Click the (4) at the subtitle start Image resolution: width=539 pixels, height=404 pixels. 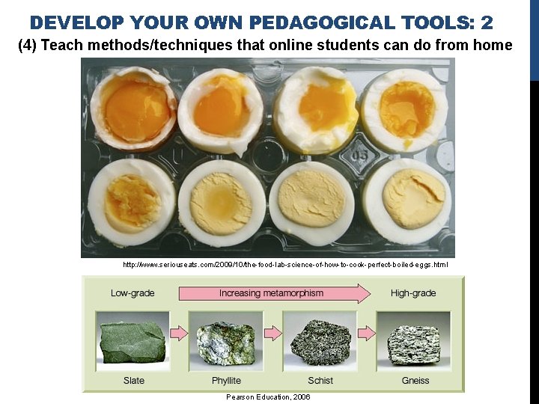(x=28, y=46)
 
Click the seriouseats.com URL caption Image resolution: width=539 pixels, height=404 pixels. (x=285, y=265)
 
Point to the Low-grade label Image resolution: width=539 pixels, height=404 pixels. (x=133, y=293)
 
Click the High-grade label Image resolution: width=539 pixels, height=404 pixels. (x=412, y=293)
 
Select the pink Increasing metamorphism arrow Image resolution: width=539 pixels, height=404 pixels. (x=274, y=293)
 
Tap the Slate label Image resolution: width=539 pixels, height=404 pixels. (x=134, y=380)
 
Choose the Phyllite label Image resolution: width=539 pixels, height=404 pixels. (x=226, y=380)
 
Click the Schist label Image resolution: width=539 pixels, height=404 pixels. (x=320, y=380)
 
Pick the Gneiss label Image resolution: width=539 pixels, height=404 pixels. (x=415, y=380)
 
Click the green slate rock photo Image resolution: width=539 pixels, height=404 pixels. (x=133, y=342)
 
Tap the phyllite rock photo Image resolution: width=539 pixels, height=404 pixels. (x=226, y=342)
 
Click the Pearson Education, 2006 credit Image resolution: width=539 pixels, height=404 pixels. (x=267, y=397)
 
